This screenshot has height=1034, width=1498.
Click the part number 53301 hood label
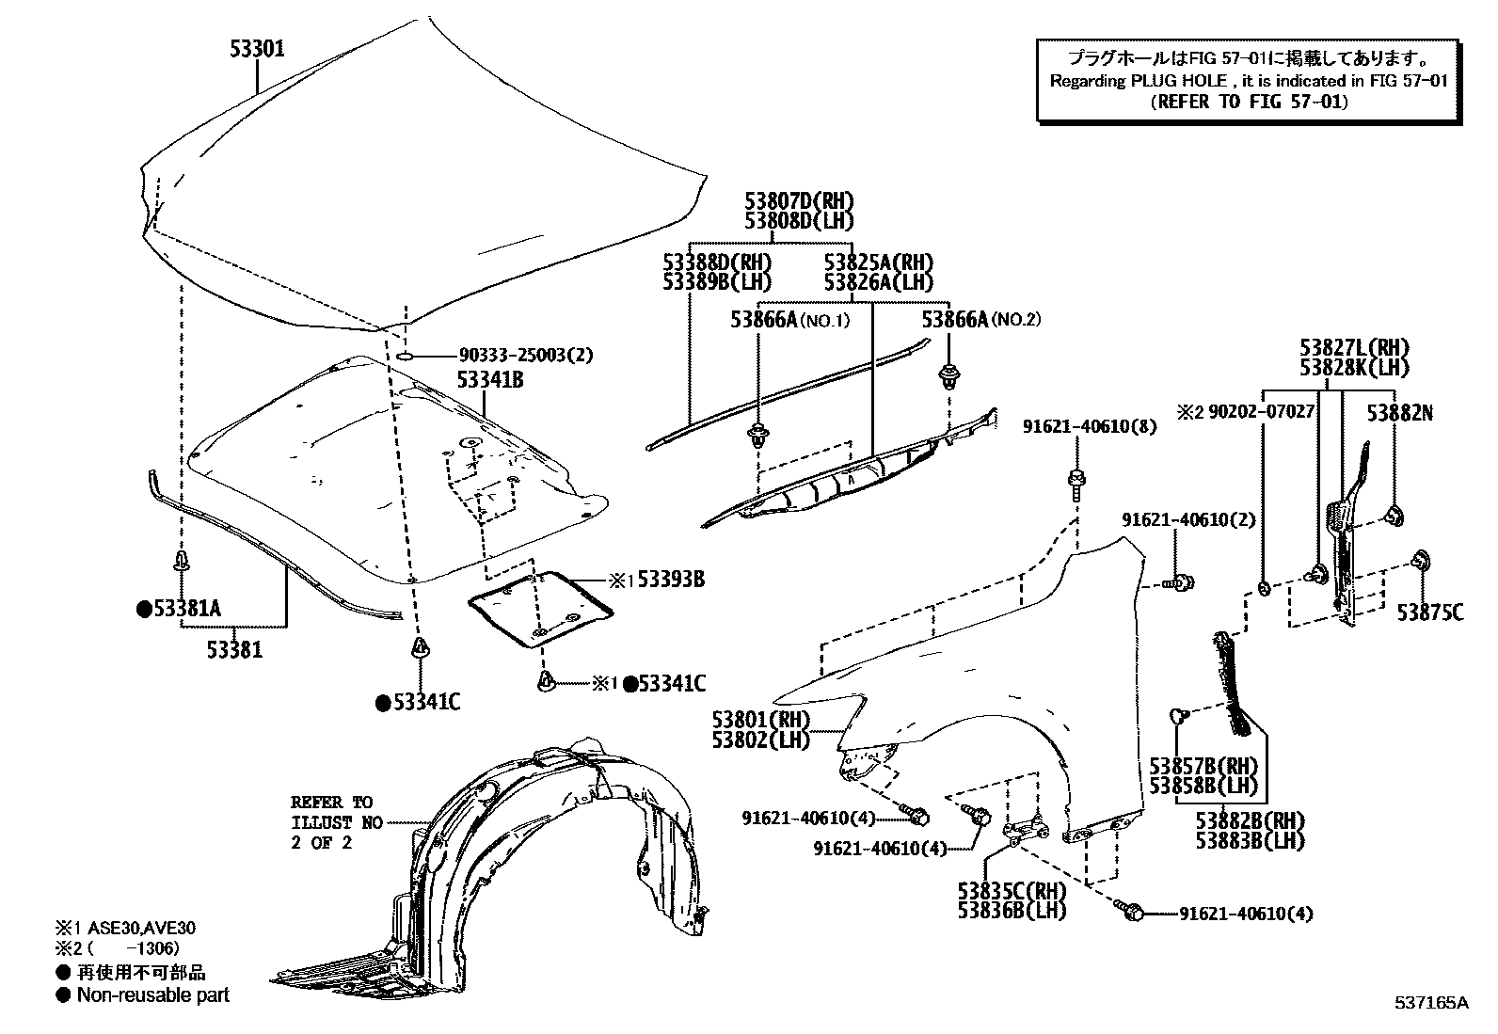(257, 49)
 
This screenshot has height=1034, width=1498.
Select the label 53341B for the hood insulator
(490, 380)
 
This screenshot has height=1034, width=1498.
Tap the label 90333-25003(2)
(526, 356)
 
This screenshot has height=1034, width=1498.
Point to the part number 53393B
(670, 580)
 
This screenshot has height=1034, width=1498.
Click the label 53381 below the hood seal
(235, 649)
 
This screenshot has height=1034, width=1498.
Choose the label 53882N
(1400, 412)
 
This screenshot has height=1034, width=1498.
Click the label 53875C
(1429, 612)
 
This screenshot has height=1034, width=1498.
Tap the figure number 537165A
(1430, 1003)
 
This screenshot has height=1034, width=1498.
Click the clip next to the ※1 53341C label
(545, 681)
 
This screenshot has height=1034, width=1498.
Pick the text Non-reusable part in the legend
(152, 994)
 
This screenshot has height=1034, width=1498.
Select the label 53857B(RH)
(1203, 766)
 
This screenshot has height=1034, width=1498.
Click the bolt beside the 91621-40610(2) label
(1179, 583)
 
